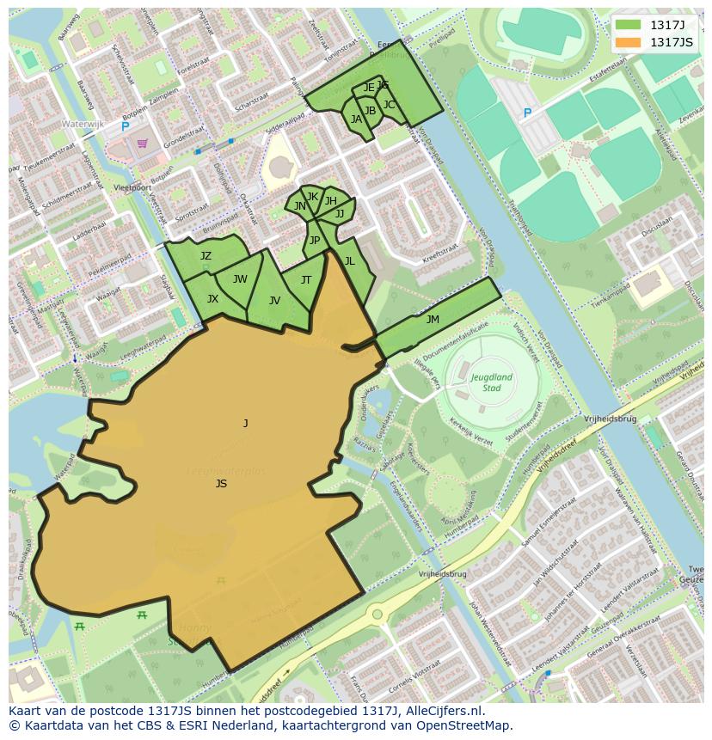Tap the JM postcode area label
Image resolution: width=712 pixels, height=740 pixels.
(x=433, y=320)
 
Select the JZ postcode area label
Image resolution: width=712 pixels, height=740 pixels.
(x=206, y=256)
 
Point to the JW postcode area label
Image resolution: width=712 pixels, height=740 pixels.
(x=240, y=279)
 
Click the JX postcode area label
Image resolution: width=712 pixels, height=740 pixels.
(x=212, y=299)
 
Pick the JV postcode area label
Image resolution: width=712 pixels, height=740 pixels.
(x=274, y=301)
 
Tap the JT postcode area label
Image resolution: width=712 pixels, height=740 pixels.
(x=306, y=280)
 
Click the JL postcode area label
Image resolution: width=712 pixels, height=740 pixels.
(x=349, y=261)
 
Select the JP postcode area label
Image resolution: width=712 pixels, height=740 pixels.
(x=315, y=241)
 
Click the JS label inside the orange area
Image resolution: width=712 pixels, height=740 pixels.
(x=221, y=484)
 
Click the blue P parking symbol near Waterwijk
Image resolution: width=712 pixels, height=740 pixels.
(x=125, y=126)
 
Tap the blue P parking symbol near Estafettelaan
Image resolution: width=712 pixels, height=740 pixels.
(x=527, y=113)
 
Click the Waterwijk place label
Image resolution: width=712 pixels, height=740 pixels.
(x=83, y=125)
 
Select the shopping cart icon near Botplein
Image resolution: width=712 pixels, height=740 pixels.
(x=142, y=143)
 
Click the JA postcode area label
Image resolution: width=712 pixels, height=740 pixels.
(x=356, y=120)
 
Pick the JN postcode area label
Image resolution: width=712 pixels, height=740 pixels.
(x=299, y=206)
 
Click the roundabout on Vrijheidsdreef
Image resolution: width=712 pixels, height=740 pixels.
(x=377, y=615)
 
